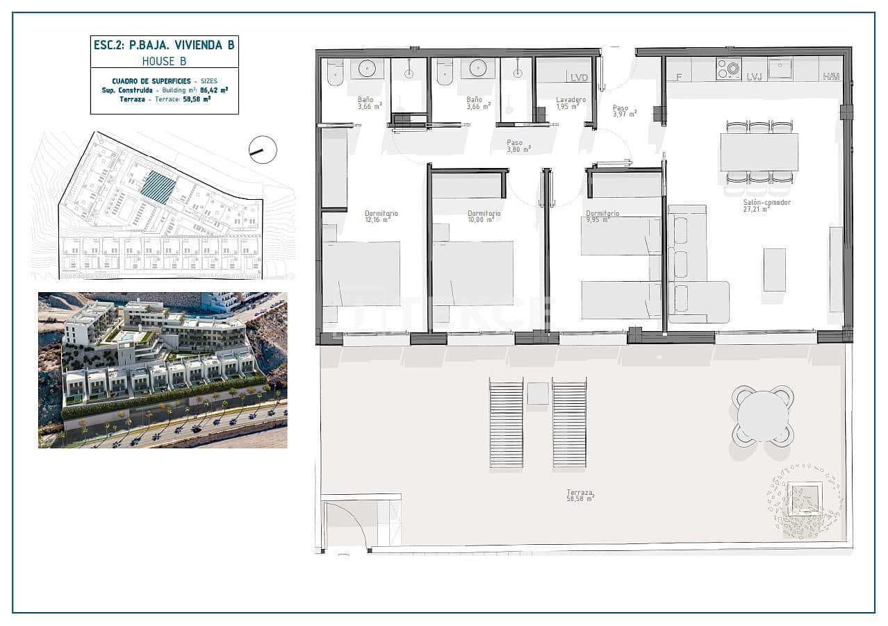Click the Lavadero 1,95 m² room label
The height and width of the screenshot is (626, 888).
click(x=570, y=103)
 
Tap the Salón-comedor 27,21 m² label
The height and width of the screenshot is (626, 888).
click(x=757, y=205)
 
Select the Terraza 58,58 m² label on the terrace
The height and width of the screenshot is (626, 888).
click(x=580, y=495)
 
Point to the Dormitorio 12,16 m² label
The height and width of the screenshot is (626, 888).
click(x=381, y=217)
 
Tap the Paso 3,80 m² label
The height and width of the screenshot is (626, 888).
click(x=518, y=146)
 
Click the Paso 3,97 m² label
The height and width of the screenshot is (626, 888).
click(x=624, y=111)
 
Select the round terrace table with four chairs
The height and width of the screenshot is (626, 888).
click(x=762, y=416)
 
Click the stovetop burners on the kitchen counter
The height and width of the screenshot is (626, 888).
click(x=729, y=69)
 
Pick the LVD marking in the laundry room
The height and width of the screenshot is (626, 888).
click(x=579, y=77)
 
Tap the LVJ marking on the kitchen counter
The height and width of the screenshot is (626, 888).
click(x=754, y=76)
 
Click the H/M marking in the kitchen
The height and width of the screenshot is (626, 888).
click(x=831, y=76)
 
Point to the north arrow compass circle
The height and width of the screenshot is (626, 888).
click(x=263, y=150)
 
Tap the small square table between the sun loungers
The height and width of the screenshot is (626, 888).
click(x=538, y=394)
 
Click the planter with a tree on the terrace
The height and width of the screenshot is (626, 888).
click(x=805, y=499)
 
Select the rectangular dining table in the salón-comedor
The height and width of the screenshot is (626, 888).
click(x=759, y=152)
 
